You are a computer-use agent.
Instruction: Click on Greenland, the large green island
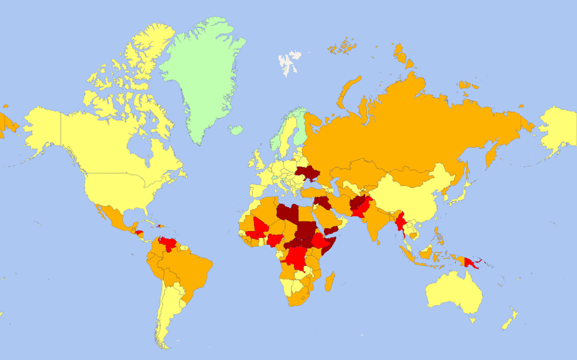pyautogui.click(x=202, y=72)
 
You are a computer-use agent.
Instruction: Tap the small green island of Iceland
pyautogui.click(x=236, y=129)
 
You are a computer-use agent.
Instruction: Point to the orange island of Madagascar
pyautogui.click(x=329, y=282)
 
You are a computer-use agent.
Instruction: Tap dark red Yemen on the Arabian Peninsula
pyautogui.click(x=331, y=230)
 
